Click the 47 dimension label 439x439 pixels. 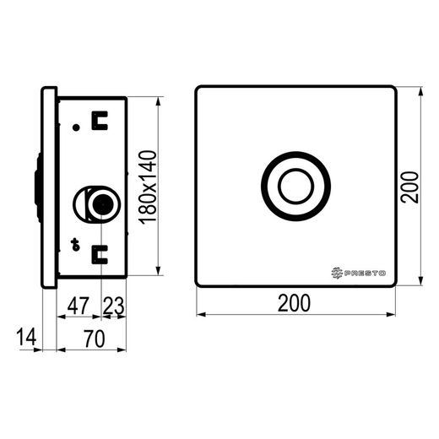pos(79,306)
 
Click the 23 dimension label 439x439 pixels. pos(113,306)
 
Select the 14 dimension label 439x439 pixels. pos(26,337)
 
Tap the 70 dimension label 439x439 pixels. pos(95,339)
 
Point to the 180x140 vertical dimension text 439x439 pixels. pos(149,187)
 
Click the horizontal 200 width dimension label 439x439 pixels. pos(294,303)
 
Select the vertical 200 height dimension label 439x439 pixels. pos(409,187)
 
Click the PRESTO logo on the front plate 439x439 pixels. pos(358,273)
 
